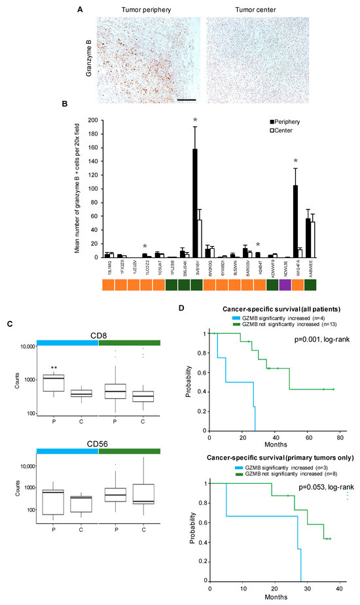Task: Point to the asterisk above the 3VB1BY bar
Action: (195, 120)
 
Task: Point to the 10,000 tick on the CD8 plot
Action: (25, 347)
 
